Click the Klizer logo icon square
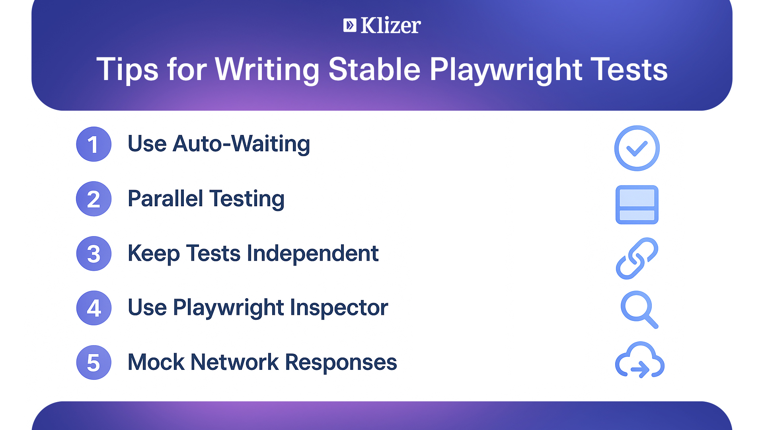coord(350,25)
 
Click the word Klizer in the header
coord(390,25)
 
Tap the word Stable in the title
coord(374,69)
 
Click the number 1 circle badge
coord(94,144)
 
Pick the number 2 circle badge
coord(94,199)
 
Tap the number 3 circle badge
coord(94,254)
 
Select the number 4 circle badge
coord(94,308)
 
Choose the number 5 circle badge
coord(94,362)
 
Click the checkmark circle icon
coord(637,149)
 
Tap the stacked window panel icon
coord(637,205)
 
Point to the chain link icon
coord(637,258)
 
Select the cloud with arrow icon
coord(639,360)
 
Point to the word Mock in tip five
coord(156,362)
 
